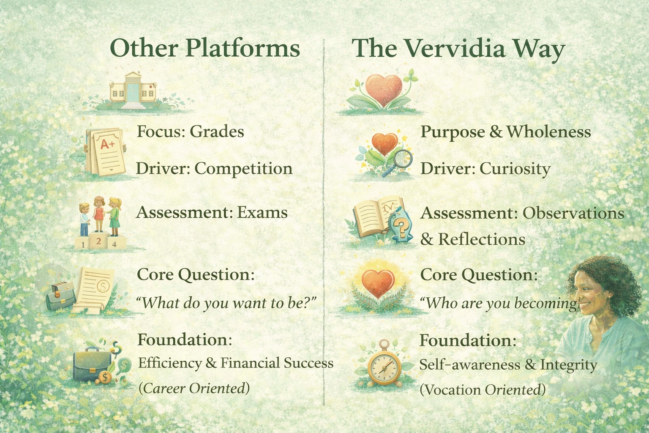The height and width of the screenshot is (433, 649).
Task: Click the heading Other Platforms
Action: (205, 48)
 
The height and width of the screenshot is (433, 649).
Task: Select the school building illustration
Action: (133, 90)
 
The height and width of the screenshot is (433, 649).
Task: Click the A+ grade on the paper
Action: (107, 144)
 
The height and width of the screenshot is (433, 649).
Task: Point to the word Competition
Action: (243, 169)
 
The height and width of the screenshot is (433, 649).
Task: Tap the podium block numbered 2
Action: (99, 241)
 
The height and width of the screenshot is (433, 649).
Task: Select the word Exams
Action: (262, 213)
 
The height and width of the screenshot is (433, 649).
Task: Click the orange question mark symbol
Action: (402, 229)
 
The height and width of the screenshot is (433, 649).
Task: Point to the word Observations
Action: (573, 213)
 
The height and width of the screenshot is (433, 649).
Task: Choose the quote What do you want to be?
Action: (226, 303)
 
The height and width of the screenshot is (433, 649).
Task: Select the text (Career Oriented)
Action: (194, 388)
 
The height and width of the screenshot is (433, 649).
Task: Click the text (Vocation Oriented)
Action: (483, 389)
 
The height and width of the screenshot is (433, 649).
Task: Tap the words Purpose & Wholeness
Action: (506, 132)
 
